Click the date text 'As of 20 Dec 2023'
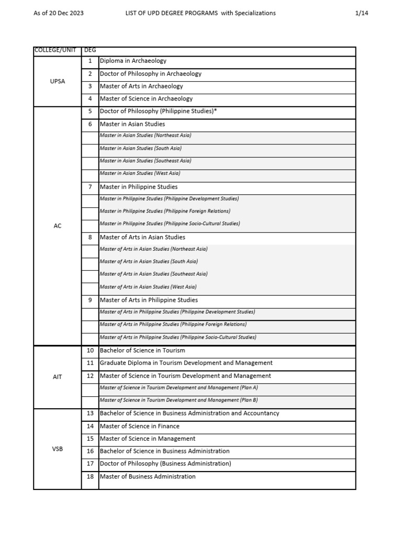tap(58, 13)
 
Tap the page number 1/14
tap(362, 13)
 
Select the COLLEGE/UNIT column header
tap(55, 50)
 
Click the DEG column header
tap(90, 50)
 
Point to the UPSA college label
tap(58, 81)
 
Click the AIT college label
tap(58, 377)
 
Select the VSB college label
tap(58, 449)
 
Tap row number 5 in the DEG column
tap(90, 111)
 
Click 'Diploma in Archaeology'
tap(133, 61)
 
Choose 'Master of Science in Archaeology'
tap(146, 98)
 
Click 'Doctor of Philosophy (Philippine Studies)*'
tap(158, 111)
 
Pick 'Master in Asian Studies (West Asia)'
tap(140, 173)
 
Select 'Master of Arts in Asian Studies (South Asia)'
tap(149, 261)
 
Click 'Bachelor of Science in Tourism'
tap(142, 351)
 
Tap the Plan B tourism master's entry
tap(178, 400)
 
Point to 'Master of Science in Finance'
tap(139, 426)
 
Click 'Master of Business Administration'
tap(148, 477)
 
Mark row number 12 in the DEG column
tap(90, 376)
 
